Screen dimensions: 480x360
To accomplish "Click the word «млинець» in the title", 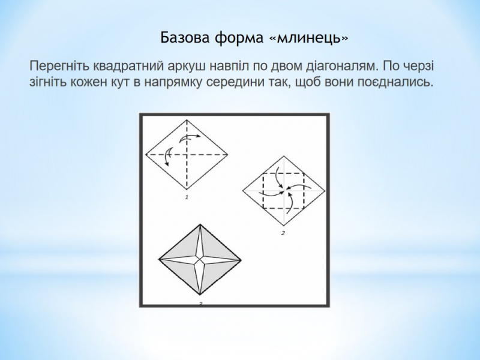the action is pyautogui.click(x=308, y=38).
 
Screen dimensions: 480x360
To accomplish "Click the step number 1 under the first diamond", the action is pyautogui.click(x=187, y=197).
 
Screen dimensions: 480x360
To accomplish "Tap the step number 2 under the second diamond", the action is pyautogui.click(x=283, y=233).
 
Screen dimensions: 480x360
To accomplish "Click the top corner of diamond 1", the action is pyautogui.click(x=187, y=120).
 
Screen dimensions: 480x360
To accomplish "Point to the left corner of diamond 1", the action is pyautogui.click(x=146, y=155).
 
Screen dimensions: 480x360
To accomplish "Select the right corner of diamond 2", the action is pyautogui.click(x=325, y=190).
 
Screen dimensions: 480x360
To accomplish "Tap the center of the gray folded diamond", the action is pyautogui.click(x=200, y=260).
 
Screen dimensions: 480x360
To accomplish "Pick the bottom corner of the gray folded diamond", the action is pyautogui.click(x=200, y=295).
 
